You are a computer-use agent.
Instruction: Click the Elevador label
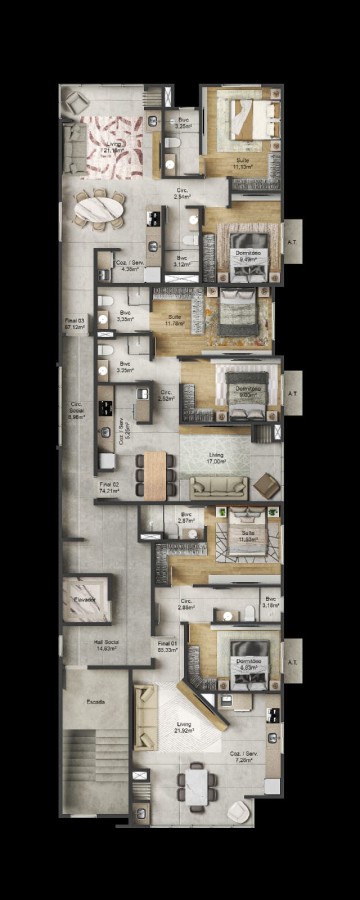tap(84, 599)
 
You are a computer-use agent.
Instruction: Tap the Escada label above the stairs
tap(95, 701)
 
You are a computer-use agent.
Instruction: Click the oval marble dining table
tap(98, 209)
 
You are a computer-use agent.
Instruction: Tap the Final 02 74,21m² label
tap(110, 488)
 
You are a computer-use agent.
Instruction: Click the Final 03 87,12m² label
tap(75, 323)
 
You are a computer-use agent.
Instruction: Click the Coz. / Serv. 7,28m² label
tap(241, 757)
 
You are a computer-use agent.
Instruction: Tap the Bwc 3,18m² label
tap(270, 602)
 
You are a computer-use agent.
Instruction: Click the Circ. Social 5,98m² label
tap(76, 410)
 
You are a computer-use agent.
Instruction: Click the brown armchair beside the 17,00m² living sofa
tap(267, 485)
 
